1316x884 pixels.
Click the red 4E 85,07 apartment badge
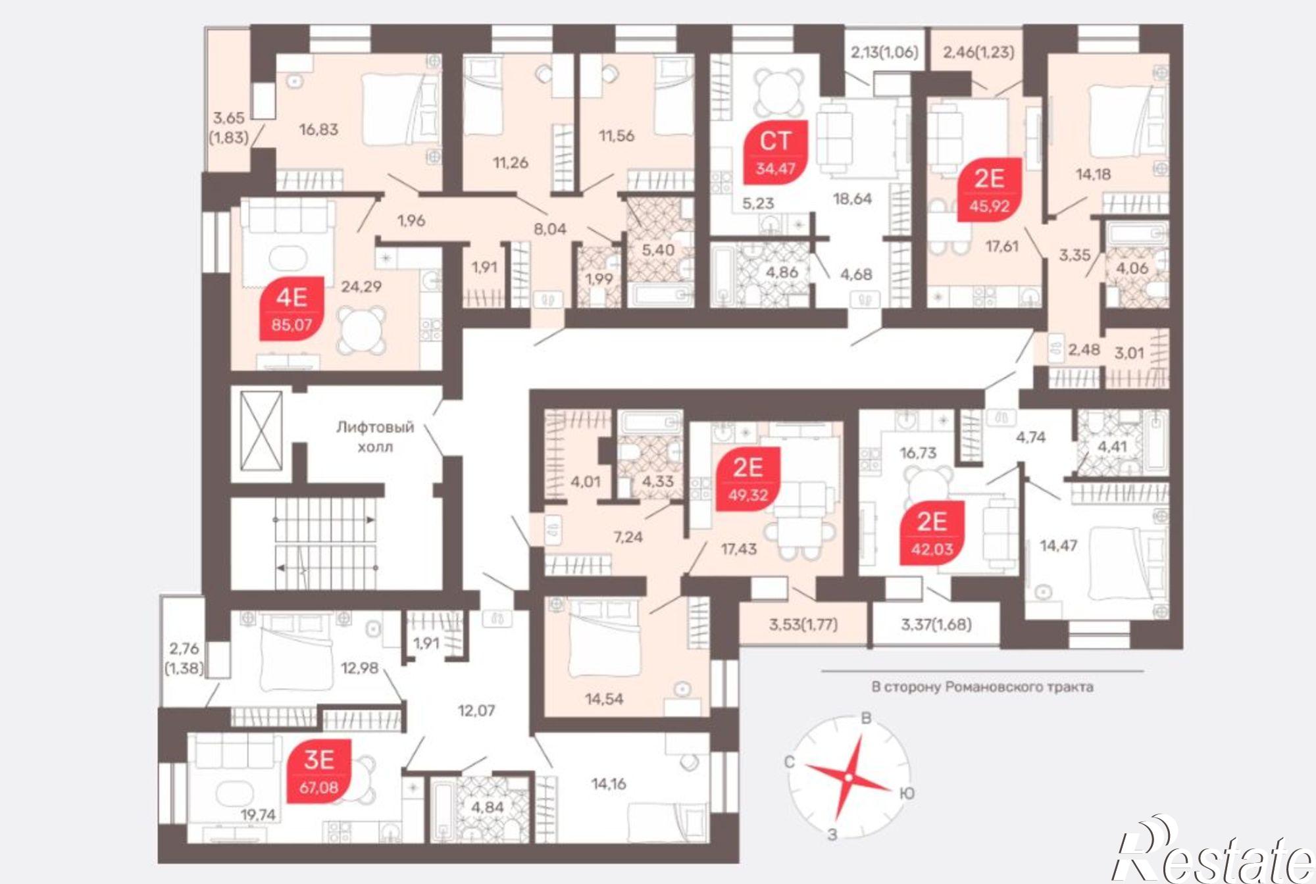(292, 308)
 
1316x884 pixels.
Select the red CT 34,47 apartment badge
(776, 153)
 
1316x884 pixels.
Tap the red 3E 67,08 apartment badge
(319, 772)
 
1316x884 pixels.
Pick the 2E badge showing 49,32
(748, 479)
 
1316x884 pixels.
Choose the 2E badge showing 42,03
(932, 533)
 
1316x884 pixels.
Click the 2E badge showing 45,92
(990, 190)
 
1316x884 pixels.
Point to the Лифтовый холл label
(375, 437)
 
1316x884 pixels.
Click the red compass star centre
(849, 777)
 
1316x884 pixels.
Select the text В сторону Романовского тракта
(982, 687)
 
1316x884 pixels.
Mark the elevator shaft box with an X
(261, 431)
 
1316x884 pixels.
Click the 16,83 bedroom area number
(319, 130)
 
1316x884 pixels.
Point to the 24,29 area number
(361, 286)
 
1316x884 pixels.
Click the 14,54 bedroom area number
(604, 699)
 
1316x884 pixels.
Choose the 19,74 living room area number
(258, 815)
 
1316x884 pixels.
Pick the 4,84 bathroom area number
(488, 807)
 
